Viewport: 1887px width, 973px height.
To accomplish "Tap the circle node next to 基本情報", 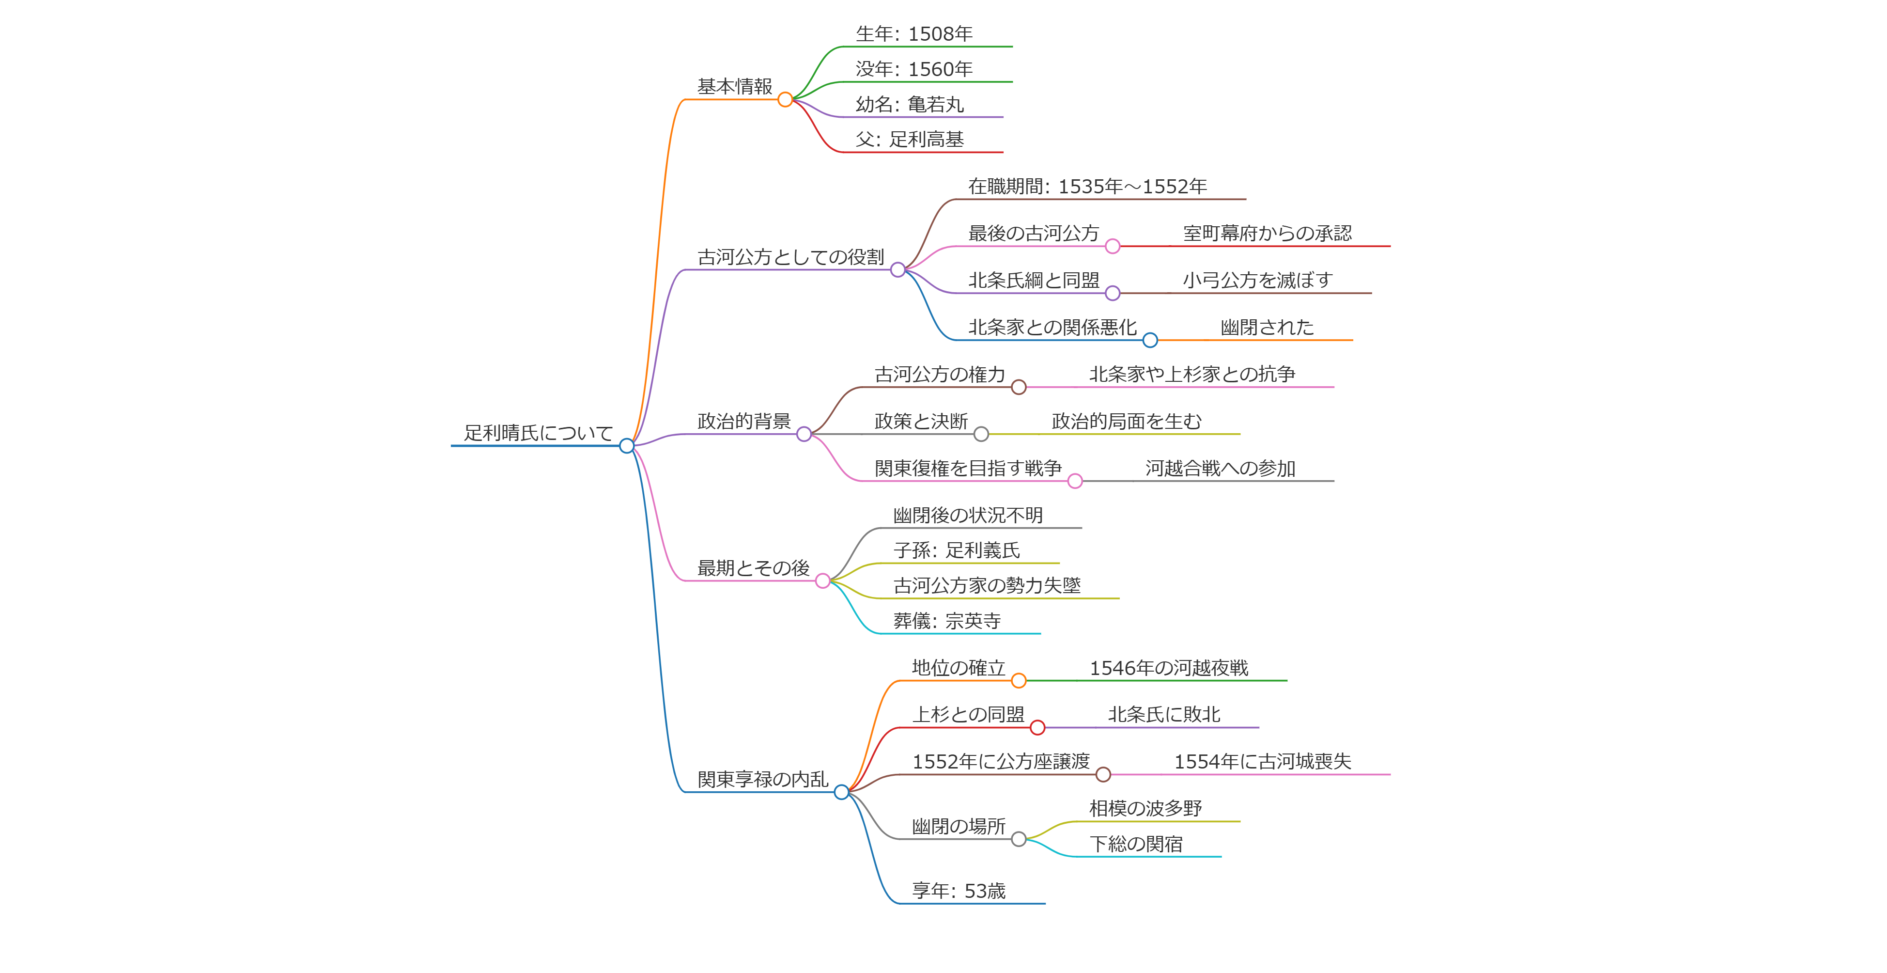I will (x=785, y=100).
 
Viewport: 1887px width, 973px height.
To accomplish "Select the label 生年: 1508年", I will (x=914, y=34).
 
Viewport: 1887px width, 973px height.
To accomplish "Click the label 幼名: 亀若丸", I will (x=910, y=104).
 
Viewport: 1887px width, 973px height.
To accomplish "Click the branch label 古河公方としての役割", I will (x=790, y=257).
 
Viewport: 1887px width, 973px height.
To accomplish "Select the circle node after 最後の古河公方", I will (x=1112, y=246).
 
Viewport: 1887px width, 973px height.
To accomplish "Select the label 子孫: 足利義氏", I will (x=956, y=550).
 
